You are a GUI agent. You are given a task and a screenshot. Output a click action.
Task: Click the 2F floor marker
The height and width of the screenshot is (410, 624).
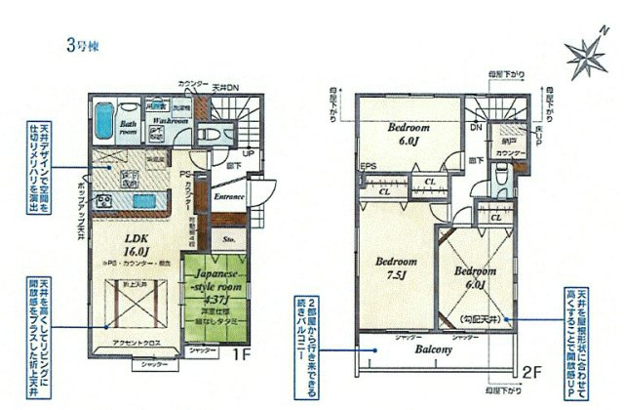(x=532, y=371)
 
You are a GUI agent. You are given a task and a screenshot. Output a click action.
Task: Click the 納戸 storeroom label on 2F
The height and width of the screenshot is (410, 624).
(x=508, y=142)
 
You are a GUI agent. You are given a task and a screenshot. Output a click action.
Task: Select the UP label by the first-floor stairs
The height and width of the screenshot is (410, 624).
(x=249, y=154)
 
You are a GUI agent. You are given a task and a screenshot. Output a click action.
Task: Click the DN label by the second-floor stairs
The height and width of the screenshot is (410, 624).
(x=477, y=128)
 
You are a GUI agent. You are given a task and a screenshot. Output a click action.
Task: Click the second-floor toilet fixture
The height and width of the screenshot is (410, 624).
(x=500, y=178)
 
